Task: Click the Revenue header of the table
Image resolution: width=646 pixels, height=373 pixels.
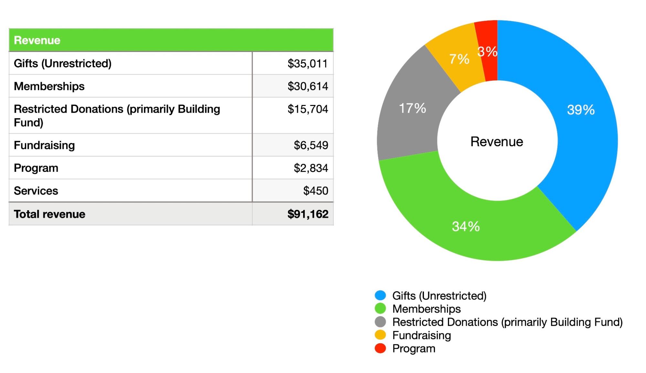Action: pyautogui.click(x=37, y=40)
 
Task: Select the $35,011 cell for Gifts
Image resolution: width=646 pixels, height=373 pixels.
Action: pyautogui.click(x=307, y=64)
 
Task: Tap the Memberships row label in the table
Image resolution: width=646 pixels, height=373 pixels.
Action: pyautogui.click(x=49, y=86)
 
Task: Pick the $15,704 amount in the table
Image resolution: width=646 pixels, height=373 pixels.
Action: pyautogui.click(x=307, y=109)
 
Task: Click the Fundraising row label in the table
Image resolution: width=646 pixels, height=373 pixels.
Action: pyautogui.click(x=44, y=145)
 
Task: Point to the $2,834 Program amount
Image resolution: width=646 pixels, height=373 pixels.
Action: pyautogui.click(x=311, y=168)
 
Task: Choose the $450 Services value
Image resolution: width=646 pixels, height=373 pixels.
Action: pyautogui.click(x=315, y=191)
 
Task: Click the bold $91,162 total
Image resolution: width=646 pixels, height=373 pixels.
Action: pyautogui.click(x=308, y=214)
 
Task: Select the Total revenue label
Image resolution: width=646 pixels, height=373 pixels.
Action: pyautogui.click(x=49, y=214)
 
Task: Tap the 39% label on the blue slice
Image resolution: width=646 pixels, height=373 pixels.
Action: pyautogui.click(x=580, y=110)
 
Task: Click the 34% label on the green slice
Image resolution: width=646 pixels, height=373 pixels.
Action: pyautogui.click(x=466, y=226)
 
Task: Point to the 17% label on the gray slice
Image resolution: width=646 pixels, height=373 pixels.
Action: pyautogui.click(x=412, y=108)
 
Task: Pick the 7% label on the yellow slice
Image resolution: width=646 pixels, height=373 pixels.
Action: pyautogui.click(x=459, y=59)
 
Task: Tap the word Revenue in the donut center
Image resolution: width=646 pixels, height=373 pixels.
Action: pyautogui.click(x=497, y=142)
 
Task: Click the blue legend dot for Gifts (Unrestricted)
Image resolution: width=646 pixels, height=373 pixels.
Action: pyautogui.click(x=380, y=295)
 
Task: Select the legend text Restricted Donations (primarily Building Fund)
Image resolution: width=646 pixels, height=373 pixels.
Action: pyautogui.click(x=507, y=322)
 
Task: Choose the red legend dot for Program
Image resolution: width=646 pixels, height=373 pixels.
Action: pyautogui.click(x=380, y=348)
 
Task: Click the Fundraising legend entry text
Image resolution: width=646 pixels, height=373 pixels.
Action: pyautogui.click(x=421, y=335)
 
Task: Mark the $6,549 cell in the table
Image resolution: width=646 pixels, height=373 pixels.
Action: pyautogui.click(x=311, y=145)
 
